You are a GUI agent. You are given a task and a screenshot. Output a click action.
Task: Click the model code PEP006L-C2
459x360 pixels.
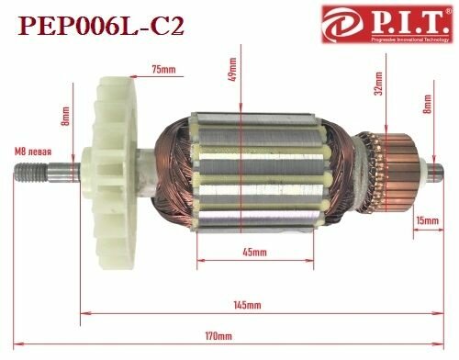pos(95,25)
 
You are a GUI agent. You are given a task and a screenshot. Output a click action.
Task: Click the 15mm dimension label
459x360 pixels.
pos(427,221)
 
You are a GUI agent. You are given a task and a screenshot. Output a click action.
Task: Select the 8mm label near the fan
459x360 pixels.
pos(65,118)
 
